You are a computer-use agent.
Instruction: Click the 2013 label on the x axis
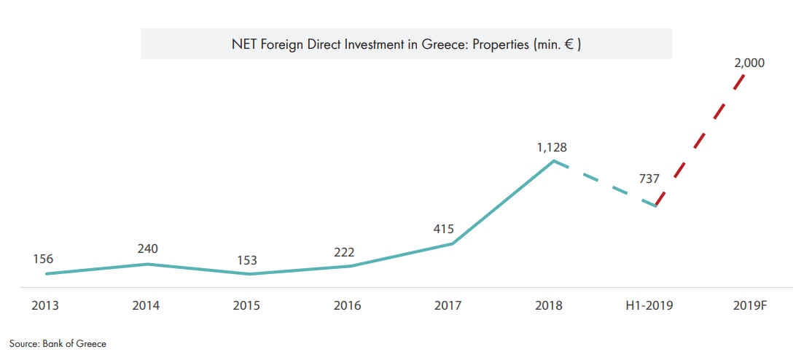45,306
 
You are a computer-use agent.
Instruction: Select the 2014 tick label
146,306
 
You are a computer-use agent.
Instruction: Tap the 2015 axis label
246,306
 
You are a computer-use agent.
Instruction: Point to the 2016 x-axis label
347,306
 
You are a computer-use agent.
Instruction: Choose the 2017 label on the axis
448,306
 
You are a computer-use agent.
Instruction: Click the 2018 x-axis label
548,306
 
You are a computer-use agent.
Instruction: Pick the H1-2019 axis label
649,306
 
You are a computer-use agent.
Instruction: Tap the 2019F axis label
752,306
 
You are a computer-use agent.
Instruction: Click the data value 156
43,259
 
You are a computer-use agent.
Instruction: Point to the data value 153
247,260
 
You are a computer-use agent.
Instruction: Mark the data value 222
344,252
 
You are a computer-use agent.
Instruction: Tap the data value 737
649,181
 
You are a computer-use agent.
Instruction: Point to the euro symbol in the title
569,44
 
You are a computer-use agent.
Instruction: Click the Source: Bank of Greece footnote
58,343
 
